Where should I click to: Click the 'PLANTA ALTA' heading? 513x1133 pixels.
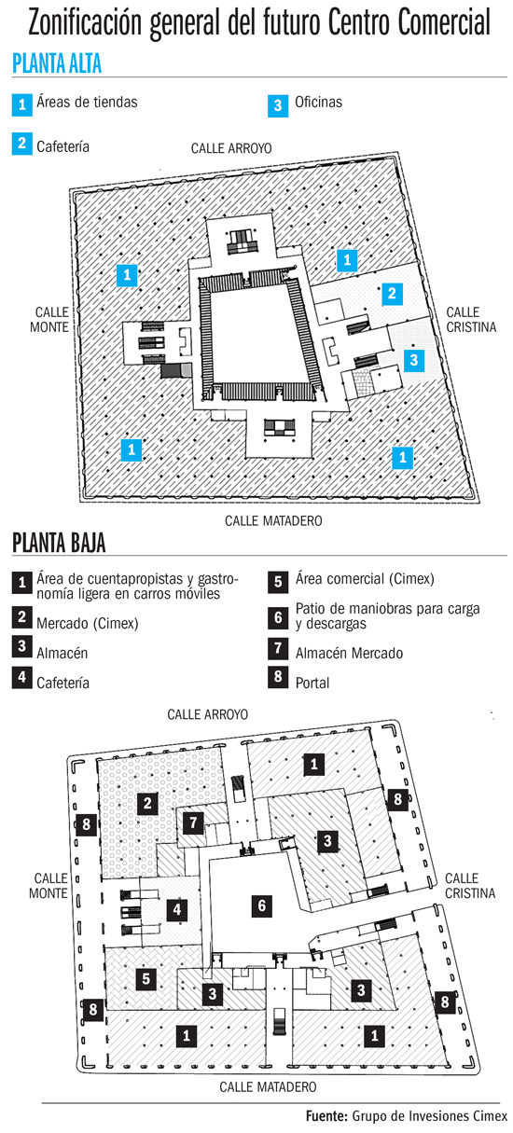click(57, 63)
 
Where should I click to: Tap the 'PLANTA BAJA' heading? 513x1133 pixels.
click(59, 544)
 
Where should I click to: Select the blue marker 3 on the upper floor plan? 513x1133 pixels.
click(414, 360)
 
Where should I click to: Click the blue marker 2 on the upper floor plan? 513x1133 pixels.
click(392, 294)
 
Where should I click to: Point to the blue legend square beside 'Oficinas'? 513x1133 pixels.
click(278, 105)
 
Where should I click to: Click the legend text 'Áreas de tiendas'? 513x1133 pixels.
click(87, 103)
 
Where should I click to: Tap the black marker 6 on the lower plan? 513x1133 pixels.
click(261, 905)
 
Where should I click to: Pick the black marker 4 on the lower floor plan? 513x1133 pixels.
click(176, 910)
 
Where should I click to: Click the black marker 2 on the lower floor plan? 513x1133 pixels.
click(147, 803)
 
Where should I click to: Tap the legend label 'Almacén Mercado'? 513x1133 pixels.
click(349, 653)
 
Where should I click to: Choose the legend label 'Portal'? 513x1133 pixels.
click(312, 683)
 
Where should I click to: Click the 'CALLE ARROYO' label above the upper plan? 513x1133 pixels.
click(231, 148)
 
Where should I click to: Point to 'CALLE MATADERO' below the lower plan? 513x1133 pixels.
click(268, 1087)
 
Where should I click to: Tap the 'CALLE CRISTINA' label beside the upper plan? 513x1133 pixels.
click(471, 320)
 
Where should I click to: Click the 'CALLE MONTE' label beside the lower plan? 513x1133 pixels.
click(49, 886)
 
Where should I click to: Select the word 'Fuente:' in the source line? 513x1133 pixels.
click(326, 1116)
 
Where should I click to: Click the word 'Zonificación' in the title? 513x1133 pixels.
click(85, 22)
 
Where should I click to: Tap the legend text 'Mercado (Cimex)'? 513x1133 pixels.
click(88, 623)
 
